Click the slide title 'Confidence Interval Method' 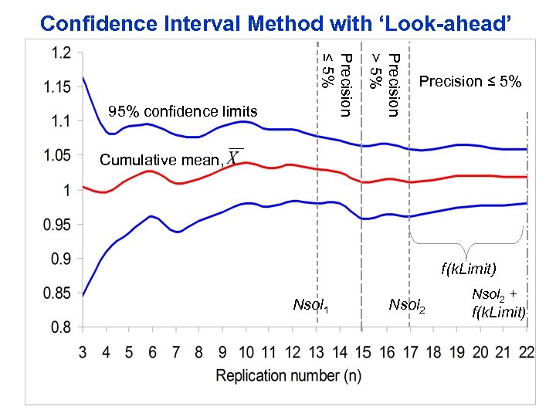(276, 23)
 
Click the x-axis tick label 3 (83, 352)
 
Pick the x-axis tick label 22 (526, 352)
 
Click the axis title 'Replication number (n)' (288, 376)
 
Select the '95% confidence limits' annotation (182, 112)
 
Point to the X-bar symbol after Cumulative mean (235, 157)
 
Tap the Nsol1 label (311, 306)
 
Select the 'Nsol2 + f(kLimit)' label (499, 303)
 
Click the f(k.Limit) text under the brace (469, 270)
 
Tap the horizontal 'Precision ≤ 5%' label (470, 82)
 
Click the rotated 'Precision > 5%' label (384, 85)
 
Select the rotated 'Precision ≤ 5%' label (337, 85)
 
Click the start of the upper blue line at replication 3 (83, 77)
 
